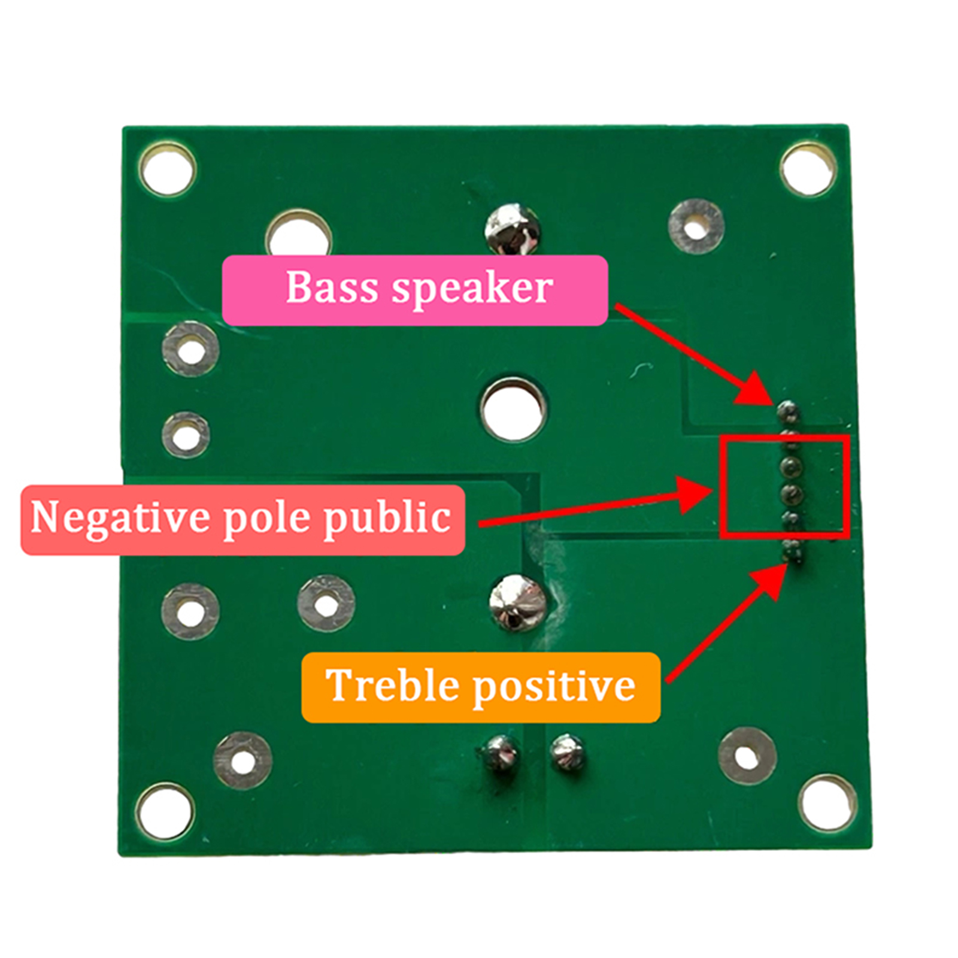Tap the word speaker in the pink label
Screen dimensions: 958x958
[472, 289]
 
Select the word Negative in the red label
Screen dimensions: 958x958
[119, 518]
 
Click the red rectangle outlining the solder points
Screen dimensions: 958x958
[784, 486]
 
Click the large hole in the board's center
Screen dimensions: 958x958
[513, 409]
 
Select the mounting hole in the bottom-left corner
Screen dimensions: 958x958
[165, 812]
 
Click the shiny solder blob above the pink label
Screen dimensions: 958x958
[512, 231]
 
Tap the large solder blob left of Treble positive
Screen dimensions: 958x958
[518, 602]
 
